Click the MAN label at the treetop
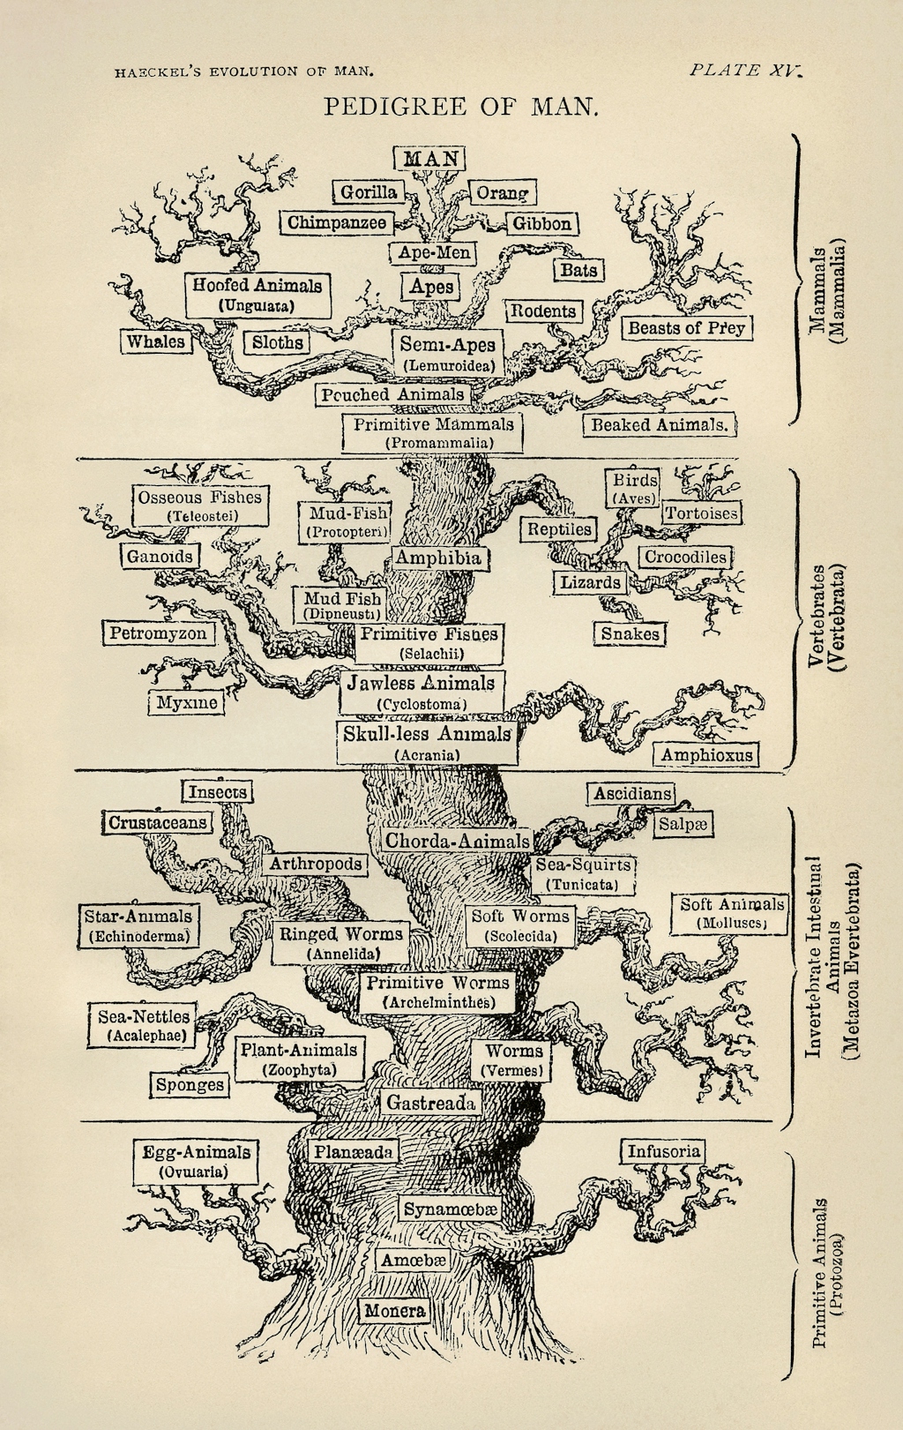tap(429, 158)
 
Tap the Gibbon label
tap(542, 223)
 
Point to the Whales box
tap(156, 341)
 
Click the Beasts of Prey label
tap(686, 328)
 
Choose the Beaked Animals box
tap(660, 424)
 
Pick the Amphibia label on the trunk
tap(437, 558)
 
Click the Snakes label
tap(630, 633)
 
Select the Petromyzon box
tap(158, 633)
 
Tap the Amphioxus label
tap(707, 754)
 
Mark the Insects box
tap(217, 792)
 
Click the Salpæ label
tap(683, 823)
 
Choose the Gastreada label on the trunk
tap(431, 1103)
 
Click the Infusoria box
tap(664, 1151)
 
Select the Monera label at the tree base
tap(394, 1311)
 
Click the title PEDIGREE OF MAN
tap(460, 107)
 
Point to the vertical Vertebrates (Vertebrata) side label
tap(827, 618)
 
